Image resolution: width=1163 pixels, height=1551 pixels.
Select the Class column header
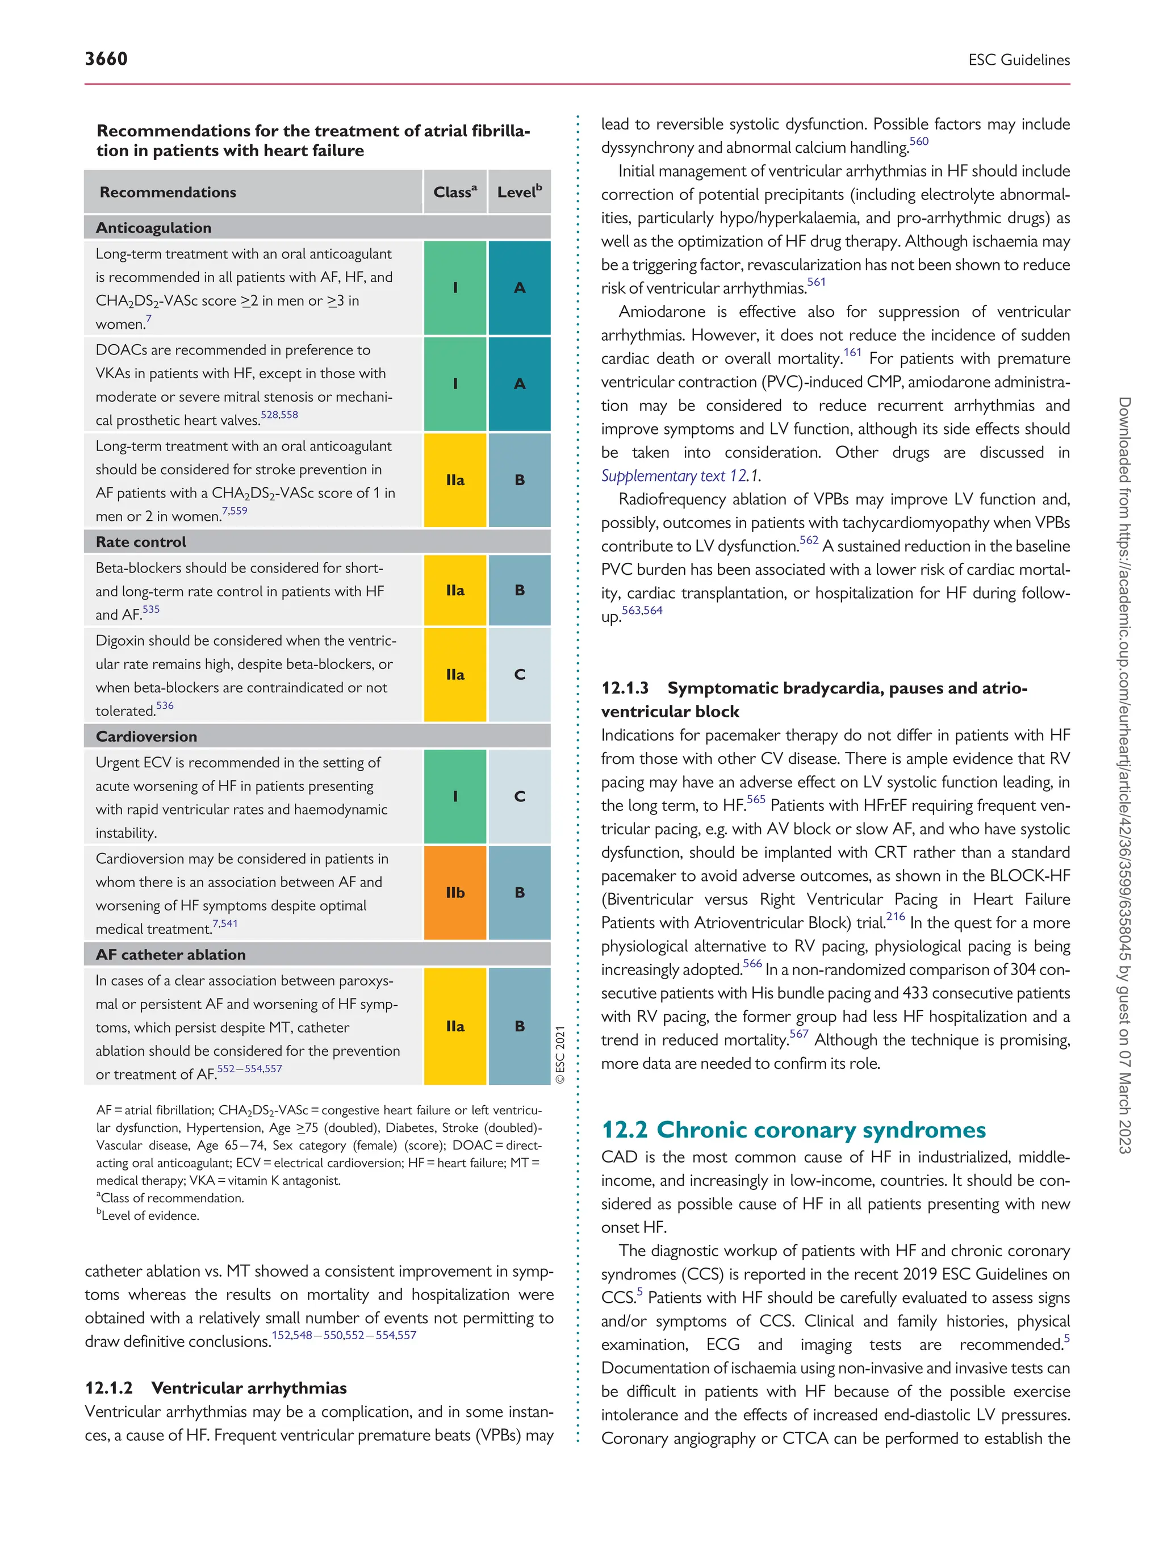(454, 192)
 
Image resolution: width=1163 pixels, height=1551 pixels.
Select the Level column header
(519, 192)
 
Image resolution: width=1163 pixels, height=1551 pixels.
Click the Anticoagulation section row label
(153, 228)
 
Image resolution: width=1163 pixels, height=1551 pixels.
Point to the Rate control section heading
(141, 542)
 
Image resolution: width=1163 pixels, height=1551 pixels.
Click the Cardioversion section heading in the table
(147, 736)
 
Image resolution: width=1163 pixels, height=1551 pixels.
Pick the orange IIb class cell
(455, 893)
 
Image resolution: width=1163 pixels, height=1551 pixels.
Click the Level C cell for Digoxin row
(520, 675)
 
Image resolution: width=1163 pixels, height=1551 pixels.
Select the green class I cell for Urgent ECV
(455, 797)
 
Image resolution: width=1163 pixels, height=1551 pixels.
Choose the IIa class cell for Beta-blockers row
(455, 591)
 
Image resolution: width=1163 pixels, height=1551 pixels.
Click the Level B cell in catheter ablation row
(520, 1026)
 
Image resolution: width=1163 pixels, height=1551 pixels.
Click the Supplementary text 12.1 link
(679, 476)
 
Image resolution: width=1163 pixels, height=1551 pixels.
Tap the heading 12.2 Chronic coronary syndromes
(793, 1130)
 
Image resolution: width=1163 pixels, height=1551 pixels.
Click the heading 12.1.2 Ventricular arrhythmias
(215, 1387)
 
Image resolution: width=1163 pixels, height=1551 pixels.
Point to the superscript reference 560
(918, 141)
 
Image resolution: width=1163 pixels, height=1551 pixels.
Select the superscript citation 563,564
(642, 611)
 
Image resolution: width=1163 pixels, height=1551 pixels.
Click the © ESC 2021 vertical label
(560, 1055)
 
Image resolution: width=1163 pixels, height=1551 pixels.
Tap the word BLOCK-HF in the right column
(1030, 876)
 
